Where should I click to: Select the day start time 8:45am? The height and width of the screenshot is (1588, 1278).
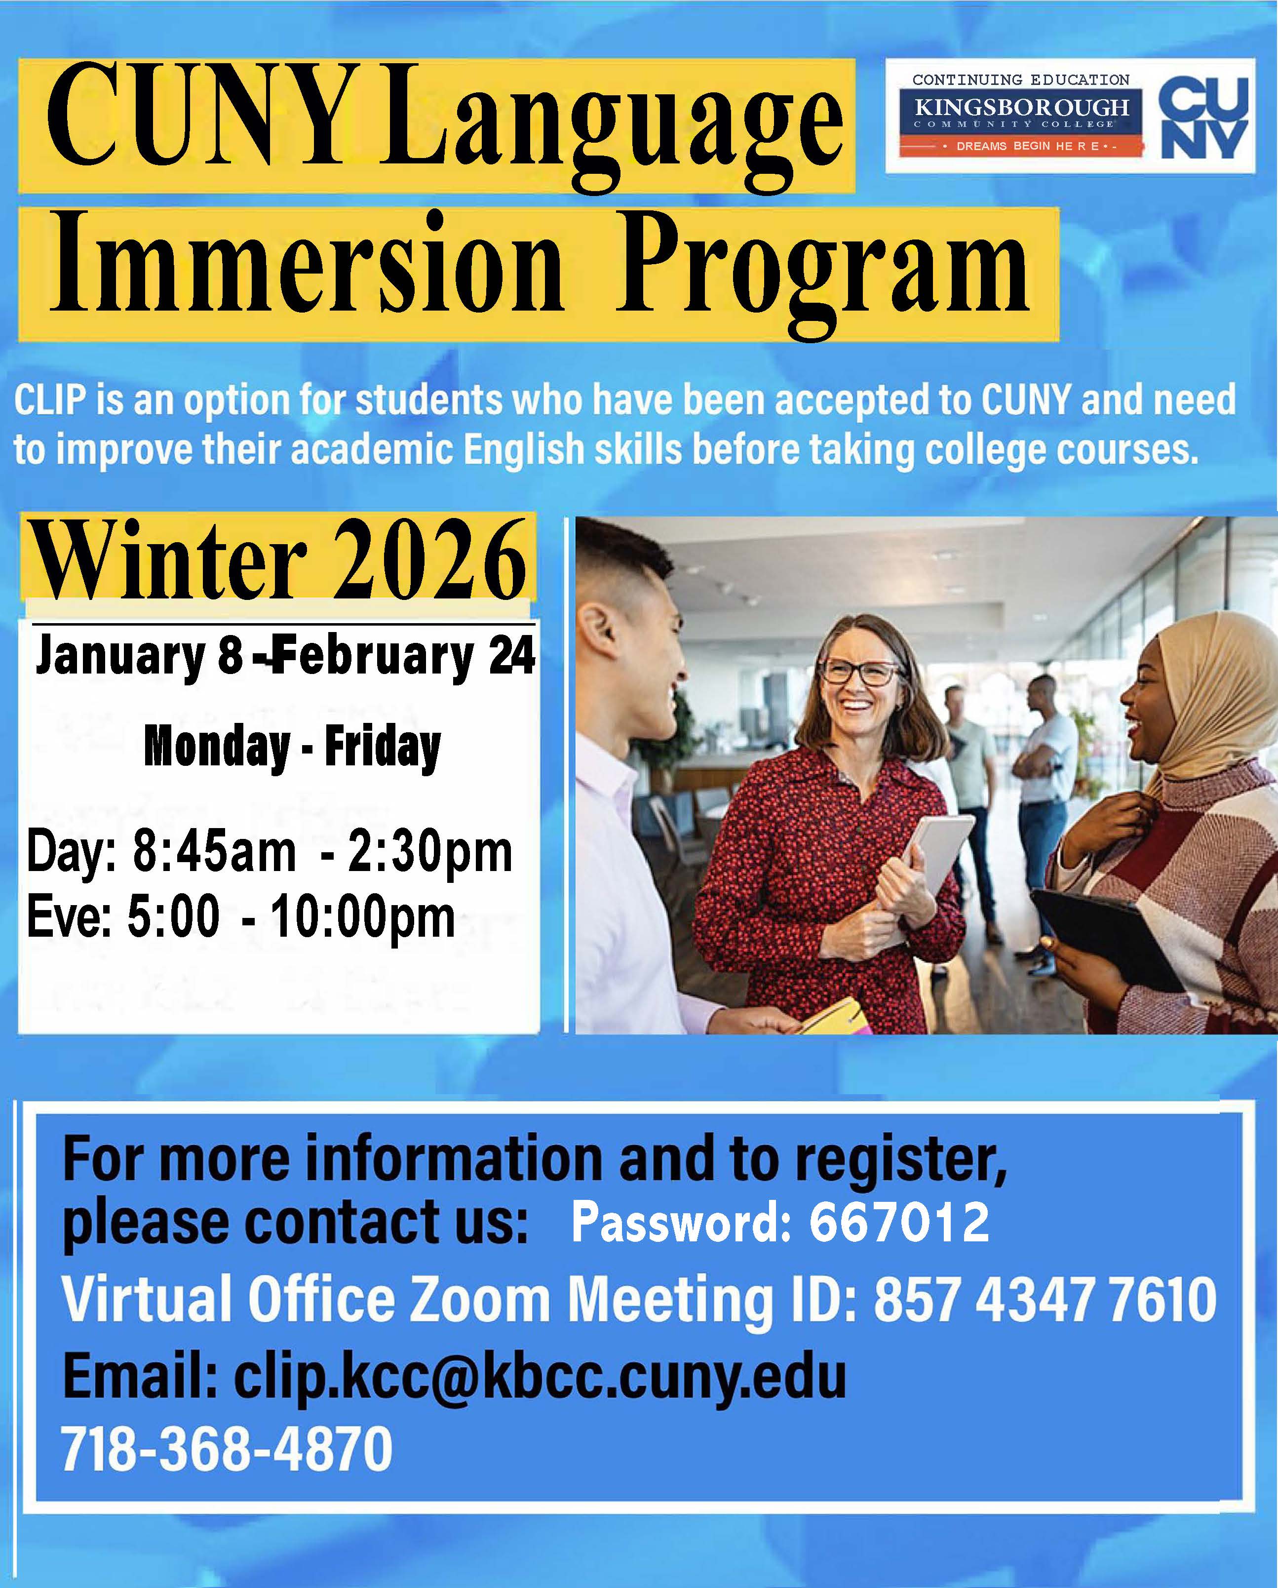pos(213,853)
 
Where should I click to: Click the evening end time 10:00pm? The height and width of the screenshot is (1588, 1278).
pos(362,918)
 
